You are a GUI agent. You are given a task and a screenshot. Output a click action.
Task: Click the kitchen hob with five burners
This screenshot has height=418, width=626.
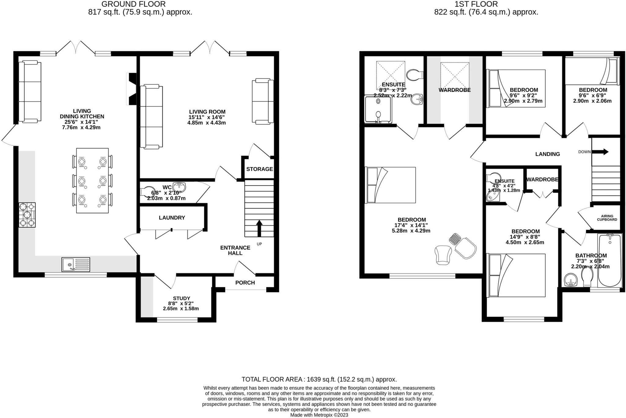pyautogui.click(x=27, y=215)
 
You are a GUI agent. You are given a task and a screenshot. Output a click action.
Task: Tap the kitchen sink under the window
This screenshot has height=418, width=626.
pyautogui.click(x=76, y=264)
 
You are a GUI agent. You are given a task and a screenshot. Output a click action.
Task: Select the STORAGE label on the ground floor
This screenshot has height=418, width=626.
pyautogui.click(x=260, y=169)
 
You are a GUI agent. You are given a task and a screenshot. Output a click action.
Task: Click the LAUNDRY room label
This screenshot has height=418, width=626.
pyautogui.click(x=172, y=218)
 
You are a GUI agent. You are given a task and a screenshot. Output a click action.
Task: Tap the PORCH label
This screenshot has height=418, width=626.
pyautogui.click(x=245, y=283)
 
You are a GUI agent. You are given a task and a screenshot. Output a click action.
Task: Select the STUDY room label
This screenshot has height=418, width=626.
pyautogui.click(x=181, y=298)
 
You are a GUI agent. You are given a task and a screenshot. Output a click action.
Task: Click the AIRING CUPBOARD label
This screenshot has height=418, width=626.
pyautogui.click(x=607, y=218)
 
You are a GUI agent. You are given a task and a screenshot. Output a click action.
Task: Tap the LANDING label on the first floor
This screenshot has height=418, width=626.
pyautogui.click(x=547, y=154)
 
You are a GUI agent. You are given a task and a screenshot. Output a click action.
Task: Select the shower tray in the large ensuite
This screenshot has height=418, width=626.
pyautogui.click(x=378, y=109)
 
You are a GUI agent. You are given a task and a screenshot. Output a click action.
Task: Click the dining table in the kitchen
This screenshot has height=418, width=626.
pyautogui.click(x=92, y=180)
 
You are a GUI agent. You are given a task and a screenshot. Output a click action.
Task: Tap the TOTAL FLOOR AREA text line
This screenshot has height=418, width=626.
pyautogui.click(x=319, y=379)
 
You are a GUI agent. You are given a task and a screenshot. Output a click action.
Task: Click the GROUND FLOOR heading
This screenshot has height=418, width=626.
pyautogui.click(x=134, y=4)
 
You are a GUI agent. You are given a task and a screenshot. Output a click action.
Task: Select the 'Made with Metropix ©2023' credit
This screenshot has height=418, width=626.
pyautogui.click(x=319, y=415)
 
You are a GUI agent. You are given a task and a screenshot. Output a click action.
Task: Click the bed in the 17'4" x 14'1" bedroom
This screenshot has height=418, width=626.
pyautogui.click(x=391, y=185)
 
